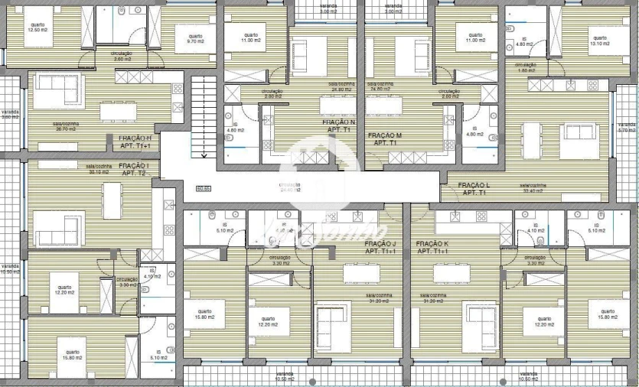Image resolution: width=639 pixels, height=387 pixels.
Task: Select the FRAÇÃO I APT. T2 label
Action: point(134,170)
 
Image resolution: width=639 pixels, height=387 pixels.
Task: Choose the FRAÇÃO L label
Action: point(473,189)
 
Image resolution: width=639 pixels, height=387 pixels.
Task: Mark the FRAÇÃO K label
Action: point(432,247)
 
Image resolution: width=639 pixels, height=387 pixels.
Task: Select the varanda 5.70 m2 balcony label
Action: point(627,127)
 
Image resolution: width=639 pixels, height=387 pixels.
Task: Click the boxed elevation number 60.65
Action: point(204,188)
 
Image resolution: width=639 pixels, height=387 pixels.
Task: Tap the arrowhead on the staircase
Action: point(204,155)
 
